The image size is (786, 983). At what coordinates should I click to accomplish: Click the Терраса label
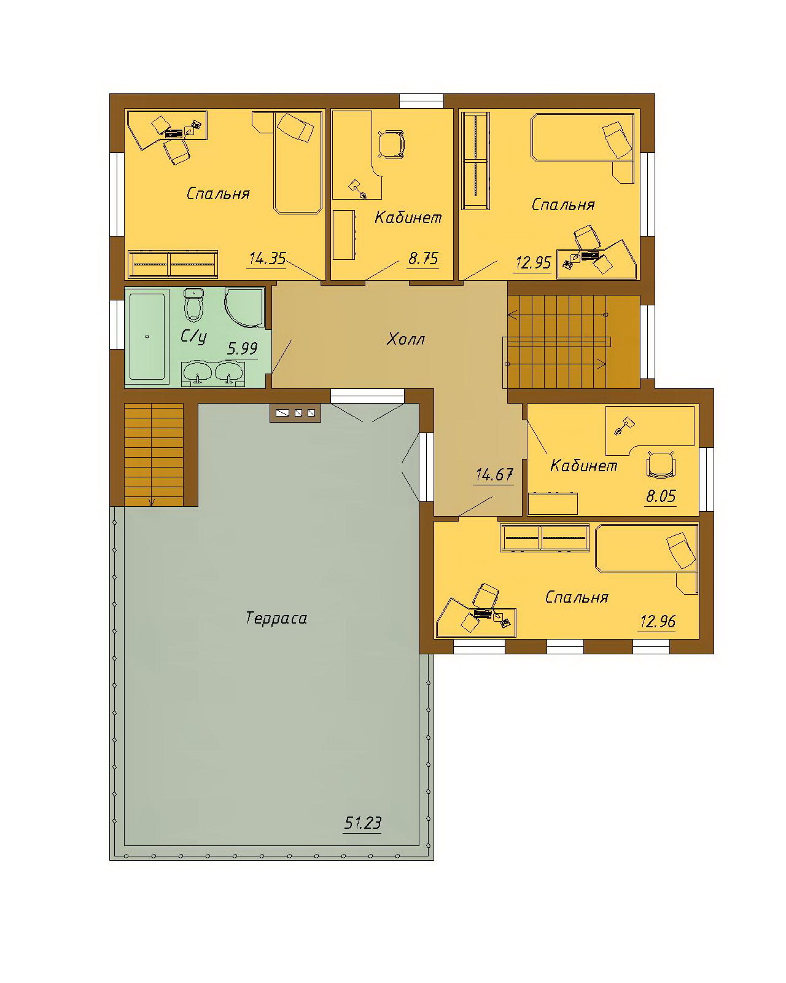click(276, 619)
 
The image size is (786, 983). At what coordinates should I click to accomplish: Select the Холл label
click(405, 339)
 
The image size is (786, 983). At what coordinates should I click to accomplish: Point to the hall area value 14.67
click(494, 475)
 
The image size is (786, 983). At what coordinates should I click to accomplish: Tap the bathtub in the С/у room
click(147, 337)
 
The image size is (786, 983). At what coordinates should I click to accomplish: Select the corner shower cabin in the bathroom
click(244, 307)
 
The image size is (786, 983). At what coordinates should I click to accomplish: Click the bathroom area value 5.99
click(243, 349)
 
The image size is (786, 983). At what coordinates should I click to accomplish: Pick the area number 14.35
click(268, 259)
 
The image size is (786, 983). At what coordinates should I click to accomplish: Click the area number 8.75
click(423, 259)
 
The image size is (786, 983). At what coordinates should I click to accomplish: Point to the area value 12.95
click(534, 263)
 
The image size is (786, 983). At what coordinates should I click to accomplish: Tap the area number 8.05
click(661, 496)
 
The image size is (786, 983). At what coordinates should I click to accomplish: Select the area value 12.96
click(658, 622)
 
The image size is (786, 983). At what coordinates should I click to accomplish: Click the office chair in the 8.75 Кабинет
click(392, 144)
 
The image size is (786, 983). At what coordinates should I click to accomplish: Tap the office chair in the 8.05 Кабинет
click(661, 464)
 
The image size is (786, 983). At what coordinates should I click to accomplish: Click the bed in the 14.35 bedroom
click(296, 162)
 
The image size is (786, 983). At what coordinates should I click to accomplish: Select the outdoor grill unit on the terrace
click(295, 413)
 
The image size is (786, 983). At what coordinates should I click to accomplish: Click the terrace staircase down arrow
click(152, 501)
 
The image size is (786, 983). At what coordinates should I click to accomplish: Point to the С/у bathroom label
click(193, 337)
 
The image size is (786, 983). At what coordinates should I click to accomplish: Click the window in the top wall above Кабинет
click(421, 101)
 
